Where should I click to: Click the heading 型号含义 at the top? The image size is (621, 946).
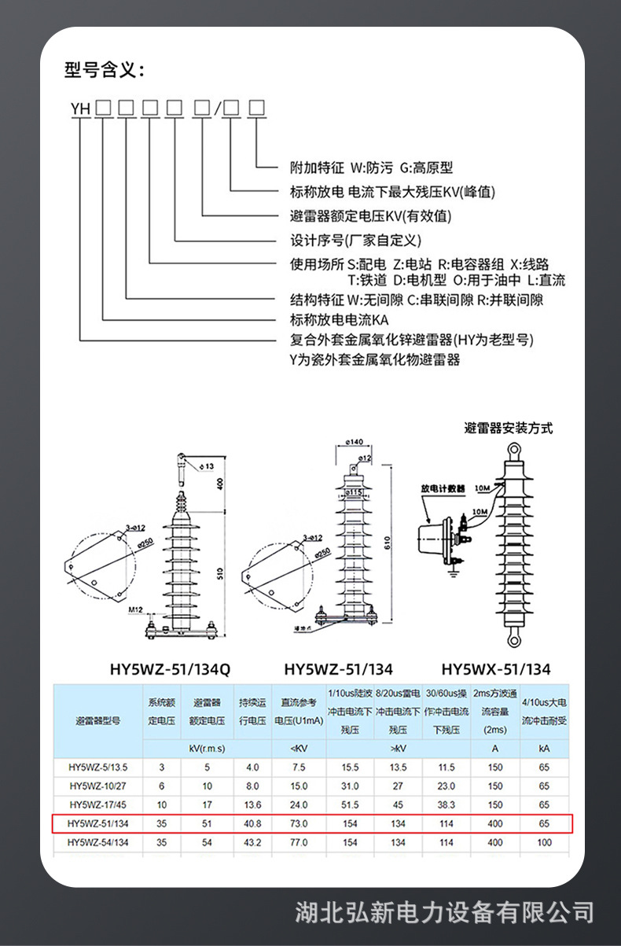(x=105, y=71)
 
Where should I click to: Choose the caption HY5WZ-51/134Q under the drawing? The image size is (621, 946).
(x=170, y=670)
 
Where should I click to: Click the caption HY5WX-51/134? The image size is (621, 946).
(x=496, y=670)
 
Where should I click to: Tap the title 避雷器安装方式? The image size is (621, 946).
(x=509, y=428)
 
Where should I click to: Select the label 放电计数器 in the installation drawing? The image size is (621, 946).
(x=443, y=488)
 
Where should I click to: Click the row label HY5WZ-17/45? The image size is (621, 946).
(x=98, y=804)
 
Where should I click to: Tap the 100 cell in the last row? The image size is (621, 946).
(x=544, y=842)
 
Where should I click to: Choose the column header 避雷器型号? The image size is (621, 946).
(x=98, y=720)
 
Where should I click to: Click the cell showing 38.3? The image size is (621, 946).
(x=446, y=804)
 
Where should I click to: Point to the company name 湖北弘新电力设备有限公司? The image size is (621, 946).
(x=444, y=912)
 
